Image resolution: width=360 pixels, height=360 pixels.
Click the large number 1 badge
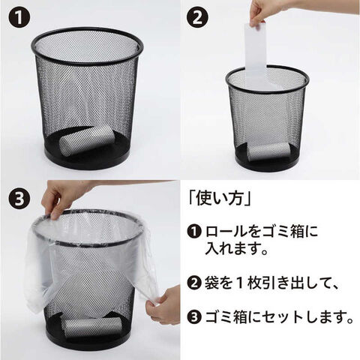tap(19, 17)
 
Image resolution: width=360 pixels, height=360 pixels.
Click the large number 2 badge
tap(197, 17)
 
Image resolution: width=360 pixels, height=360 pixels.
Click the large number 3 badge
tap(19, 199)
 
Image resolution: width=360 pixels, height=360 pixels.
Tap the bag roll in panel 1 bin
tap(87, 139)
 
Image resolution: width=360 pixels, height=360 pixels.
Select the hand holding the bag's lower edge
tap(163, 304)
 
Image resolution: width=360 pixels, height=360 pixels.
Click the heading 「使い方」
tap(220, 199)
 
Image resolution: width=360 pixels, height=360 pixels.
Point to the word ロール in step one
tap(226, 232)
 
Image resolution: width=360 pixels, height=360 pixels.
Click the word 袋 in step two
tap(211, 283)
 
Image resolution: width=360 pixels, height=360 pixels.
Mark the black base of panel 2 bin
tap(268, 159)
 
